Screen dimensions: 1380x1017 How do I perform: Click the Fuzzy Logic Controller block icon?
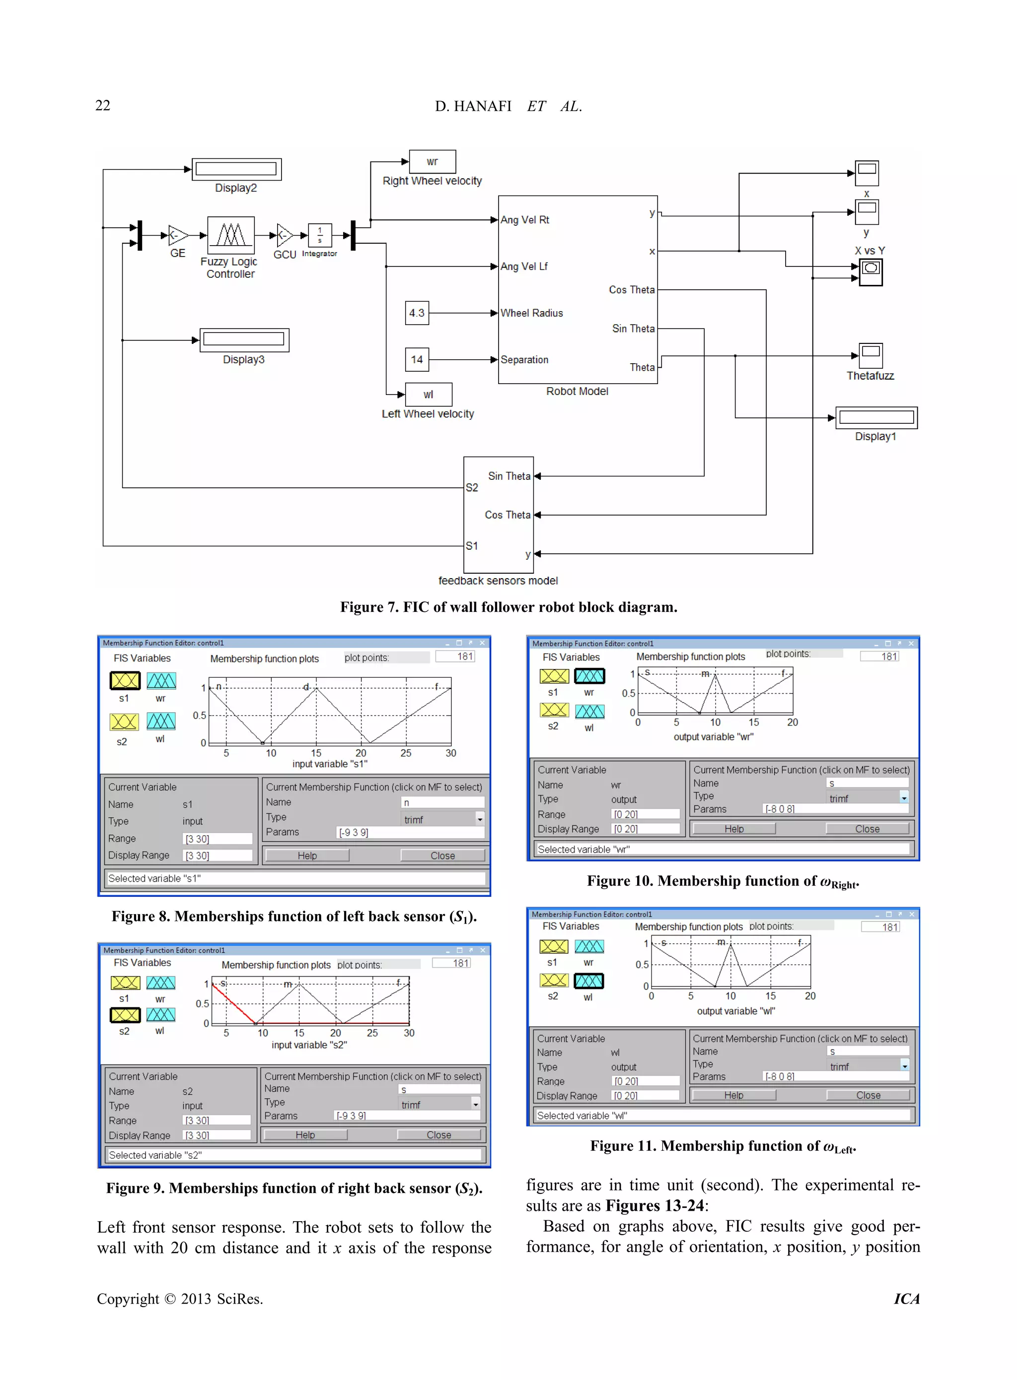click(x=231, y=235)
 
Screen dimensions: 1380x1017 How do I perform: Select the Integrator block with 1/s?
click(x=319, y=235)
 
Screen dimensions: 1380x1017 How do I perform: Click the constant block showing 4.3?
click(x=417, y=313)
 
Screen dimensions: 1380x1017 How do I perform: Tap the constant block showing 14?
click(x=417, y=359)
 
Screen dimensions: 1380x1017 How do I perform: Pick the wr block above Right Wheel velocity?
click(x=432, y=162)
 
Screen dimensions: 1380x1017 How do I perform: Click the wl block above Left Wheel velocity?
click(x=429, y=394)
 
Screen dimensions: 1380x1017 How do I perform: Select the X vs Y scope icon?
click(x=871, y=271)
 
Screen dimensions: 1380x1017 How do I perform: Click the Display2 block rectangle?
click(x=236, y=169)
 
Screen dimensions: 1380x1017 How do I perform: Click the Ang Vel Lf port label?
click(x=524, y=266)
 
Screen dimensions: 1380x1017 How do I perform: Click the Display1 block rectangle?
click(x=876, y=418)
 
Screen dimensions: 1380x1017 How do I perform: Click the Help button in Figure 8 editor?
click(x=306, y=855)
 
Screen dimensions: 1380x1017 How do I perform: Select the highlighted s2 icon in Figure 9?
click(x=125, y=1015)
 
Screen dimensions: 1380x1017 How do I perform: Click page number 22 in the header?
click(x=103, y=105)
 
